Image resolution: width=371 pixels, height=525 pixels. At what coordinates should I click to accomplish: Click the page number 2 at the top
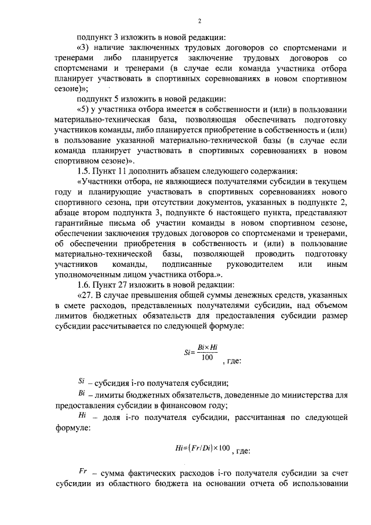click(199, 22)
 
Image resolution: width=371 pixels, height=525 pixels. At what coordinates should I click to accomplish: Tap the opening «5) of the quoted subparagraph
click(83, 110)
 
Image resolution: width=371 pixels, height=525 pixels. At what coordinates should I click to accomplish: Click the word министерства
click(304, 395)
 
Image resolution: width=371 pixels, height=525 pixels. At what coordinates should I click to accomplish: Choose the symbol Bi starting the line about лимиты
click(81, 394)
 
